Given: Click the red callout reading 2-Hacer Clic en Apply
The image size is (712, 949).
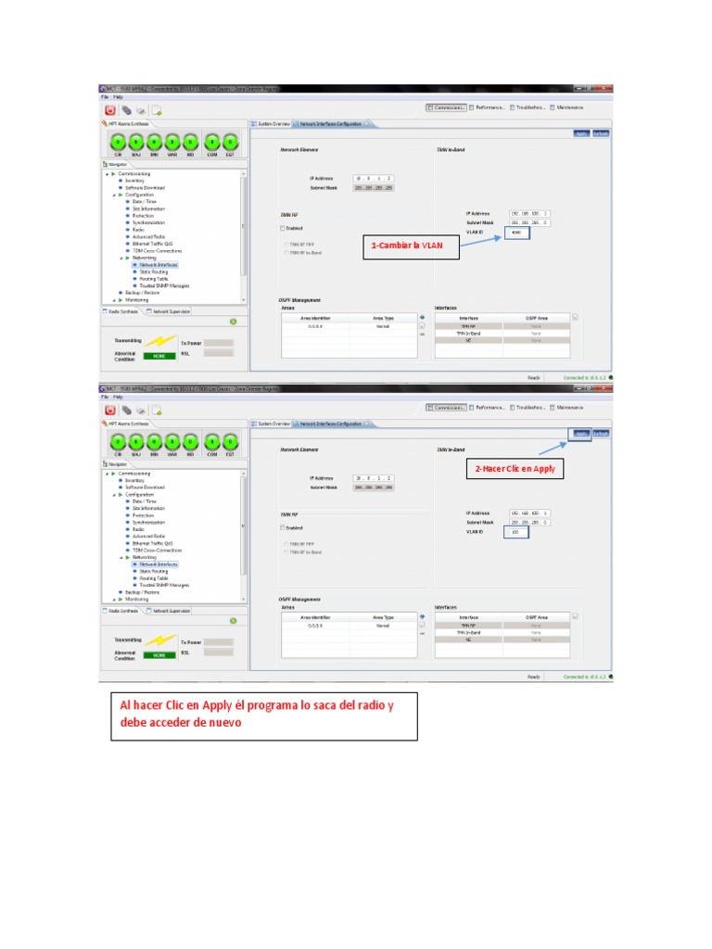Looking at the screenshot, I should (515, 469).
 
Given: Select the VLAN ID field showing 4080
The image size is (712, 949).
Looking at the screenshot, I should (517, 233).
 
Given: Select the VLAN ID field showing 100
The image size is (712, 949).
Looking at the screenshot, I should (515, 532).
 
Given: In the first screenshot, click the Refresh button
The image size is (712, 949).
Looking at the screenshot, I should (602, 133).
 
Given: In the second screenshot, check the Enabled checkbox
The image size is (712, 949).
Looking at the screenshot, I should (282, 528).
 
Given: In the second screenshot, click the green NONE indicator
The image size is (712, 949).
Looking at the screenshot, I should (158, 655).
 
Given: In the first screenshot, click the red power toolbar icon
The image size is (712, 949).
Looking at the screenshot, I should (109, 109).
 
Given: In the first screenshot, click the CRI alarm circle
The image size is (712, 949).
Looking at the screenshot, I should (118, 142).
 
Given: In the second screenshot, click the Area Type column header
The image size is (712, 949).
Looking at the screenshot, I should (383, 616).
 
